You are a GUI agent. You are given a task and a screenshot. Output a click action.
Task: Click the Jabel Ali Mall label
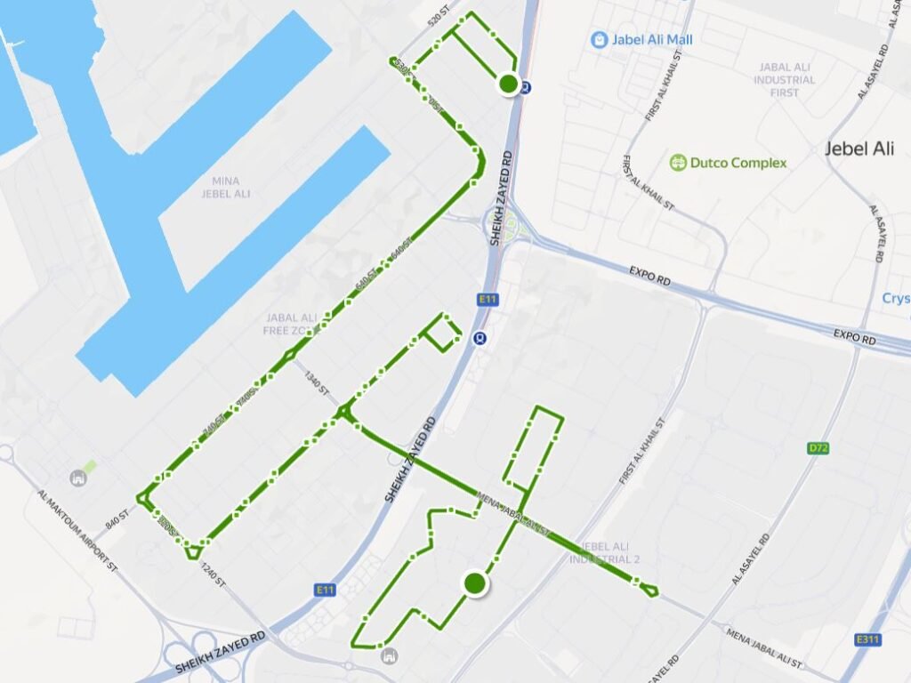click(652, 39)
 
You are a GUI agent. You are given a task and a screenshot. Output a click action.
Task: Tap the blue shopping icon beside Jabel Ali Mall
click(600, 39)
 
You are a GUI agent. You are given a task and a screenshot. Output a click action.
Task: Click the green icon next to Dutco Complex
click(678, 163)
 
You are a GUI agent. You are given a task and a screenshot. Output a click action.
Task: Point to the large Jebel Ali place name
click(859, 149)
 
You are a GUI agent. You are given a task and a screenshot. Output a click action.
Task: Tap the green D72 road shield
click(819, 449)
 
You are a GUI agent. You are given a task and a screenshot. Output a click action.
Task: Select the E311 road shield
click(867, 639)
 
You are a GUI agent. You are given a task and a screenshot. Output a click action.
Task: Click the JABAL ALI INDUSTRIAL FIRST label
click(786, 79)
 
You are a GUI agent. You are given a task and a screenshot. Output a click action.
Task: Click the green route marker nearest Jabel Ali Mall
click(509, 84)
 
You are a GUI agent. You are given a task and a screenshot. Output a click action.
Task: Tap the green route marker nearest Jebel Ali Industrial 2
click(475, 583)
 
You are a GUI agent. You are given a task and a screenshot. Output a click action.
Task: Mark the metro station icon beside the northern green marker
click(527, 87)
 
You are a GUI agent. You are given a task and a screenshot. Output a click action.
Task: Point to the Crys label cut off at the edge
click(896, 299)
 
